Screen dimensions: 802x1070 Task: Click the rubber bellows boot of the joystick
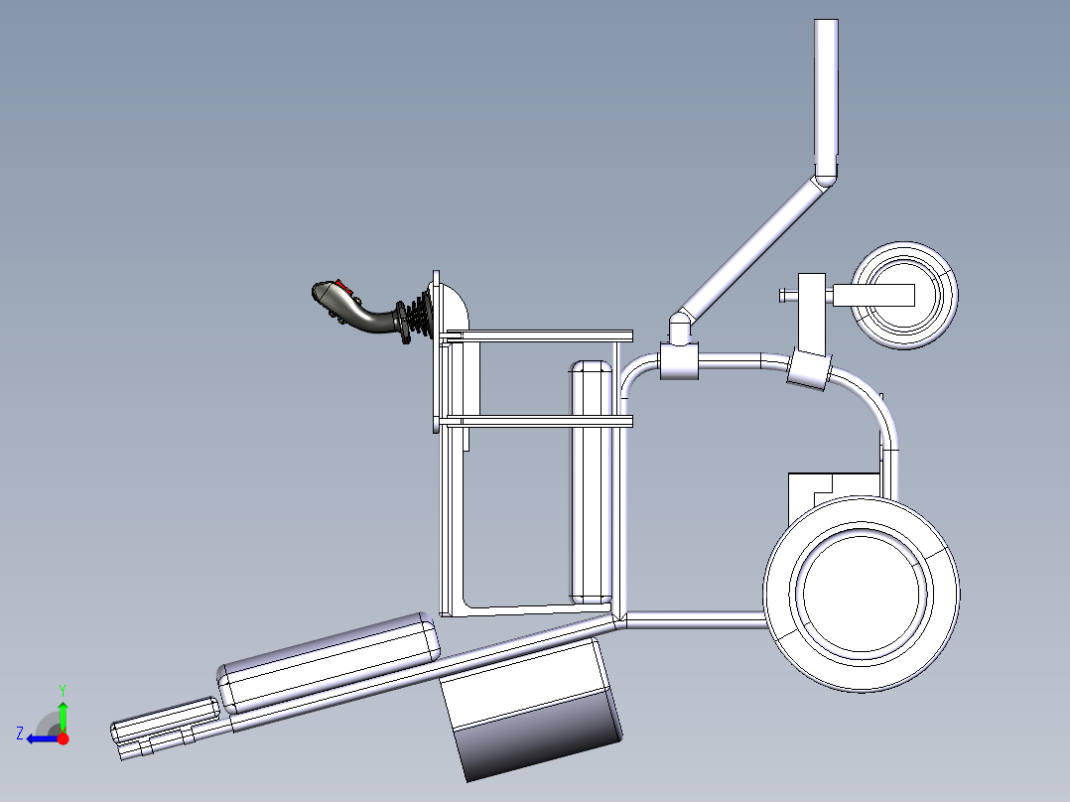[x=419, y=316]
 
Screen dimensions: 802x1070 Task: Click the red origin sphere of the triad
[x=63, y=738]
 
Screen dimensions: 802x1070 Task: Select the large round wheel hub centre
[x=862, y=593]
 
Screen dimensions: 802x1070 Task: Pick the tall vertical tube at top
[x=826, y=94]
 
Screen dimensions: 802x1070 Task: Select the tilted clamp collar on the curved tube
[x=809, y=371]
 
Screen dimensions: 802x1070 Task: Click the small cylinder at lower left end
[x=165, y=720]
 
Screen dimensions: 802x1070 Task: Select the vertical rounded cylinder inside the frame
[x=592, y=481]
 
